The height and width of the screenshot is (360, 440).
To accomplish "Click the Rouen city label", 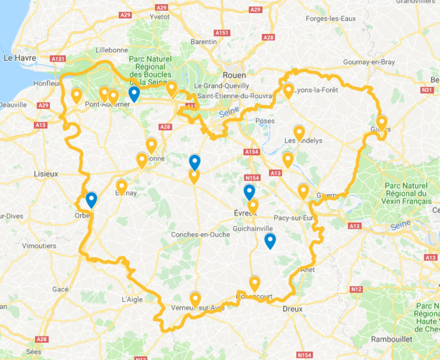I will coord(234,74).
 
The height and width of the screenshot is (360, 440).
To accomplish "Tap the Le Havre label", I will coord(20,58).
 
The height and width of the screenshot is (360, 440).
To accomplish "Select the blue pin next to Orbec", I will coord(91,199).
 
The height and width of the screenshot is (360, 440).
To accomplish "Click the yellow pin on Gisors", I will coord(382,122).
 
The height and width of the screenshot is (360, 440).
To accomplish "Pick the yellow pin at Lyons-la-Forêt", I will coord(289,90).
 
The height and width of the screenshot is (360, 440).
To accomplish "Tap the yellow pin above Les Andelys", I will coord(299,133).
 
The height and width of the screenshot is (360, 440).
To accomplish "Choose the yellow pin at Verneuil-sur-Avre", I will coord(195,299).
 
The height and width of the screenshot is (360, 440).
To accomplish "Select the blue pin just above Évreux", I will coord(249,191).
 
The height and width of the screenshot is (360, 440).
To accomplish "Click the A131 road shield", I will coord(57,59).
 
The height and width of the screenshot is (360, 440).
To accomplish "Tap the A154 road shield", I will coord(252,152).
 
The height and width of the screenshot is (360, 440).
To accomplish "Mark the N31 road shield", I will coord(428,90).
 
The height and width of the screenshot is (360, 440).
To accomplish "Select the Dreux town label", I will coord(292,308).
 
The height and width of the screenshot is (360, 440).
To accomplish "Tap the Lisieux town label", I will coord(46,174).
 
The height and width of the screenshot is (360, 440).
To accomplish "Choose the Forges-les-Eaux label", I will coord(330,19).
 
